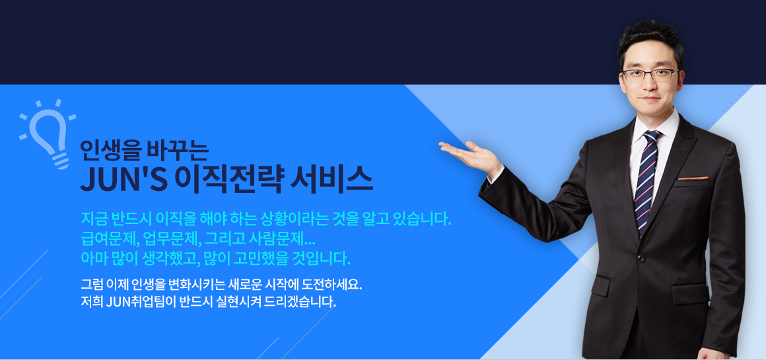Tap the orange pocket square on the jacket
coord(693,178)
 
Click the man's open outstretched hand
coord(468,155)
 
